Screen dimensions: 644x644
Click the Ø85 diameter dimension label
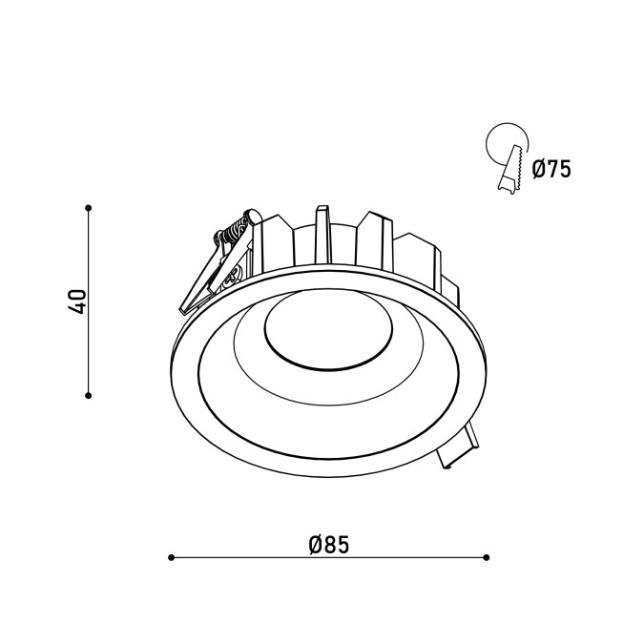click(329, 545)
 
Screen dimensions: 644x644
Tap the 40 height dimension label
click(77, 301)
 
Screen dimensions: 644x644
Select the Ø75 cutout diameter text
click(551, 169)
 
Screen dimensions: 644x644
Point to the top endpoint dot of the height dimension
click(88, 208)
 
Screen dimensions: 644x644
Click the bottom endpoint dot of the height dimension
click(88, 396)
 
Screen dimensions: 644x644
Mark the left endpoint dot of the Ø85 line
click(172, 557)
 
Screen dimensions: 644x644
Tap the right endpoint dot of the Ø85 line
click(487, 557)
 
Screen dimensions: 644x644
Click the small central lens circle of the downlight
click(328, 329)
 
